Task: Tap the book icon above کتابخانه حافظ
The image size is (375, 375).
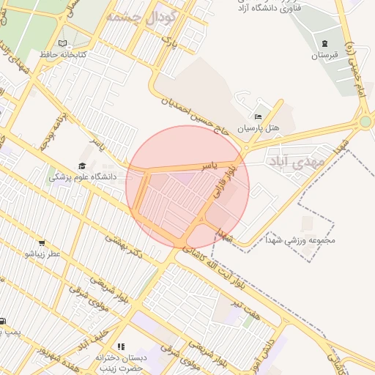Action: tap(62, 43)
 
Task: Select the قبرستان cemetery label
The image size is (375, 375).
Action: tap(326, 55)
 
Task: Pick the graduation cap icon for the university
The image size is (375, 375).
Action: tap(82, 166)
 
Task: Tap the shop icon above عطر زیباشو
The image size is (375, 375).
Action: tap(42, 242)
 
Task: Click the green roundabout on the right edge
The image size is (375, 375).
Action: tap(365, 122)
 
